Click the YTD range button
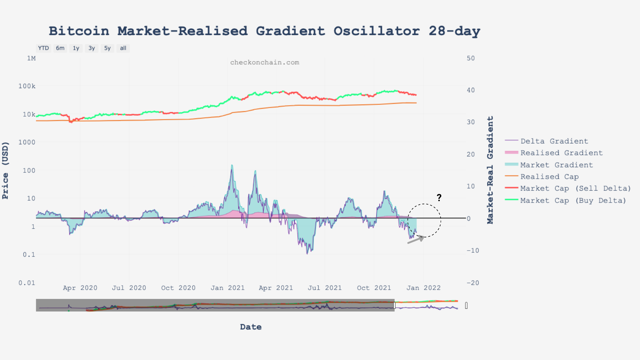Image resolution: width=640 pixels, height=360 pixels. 43,48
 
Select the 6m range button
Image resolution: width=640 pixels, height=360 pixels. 60,48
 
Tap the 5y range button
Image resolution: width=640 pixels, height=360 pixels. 107,48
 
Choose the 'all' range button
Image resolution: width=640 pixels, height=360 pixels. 123,48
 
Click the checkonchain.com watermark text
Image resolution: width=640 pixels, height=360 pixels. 265,63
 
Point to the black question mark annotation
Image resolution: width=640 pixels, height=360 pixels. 439,198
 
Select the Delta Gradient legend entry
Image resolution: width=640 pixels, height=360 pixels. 554,141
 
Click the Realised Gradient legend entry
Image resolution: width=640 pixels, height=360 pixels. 561,153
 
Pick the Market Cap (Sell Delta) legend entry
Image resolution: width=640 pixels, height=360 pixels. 575,188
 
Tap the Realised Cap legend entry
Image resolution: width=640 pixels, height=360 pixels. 549,177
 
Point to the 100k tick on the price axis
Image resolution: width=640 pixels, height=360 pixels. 27,86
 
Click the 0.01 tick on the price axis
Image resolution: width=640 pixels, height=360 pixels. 27,283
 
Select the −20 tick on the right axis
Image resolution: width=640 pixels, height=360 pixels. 473,283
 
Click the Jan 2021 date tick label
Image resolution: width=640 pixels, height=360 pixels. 228,288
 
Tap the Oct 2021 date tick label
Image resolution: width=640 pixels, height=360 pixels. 374,288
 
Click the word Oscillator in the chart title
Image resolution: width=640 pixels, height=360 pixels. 377,31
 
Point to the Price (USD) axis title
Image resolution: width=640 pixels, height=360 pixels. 5,170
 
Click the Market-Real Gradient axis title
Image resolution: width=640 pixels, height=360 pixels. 490,170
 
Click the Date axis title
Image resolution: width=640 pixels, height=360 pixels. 251,327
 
